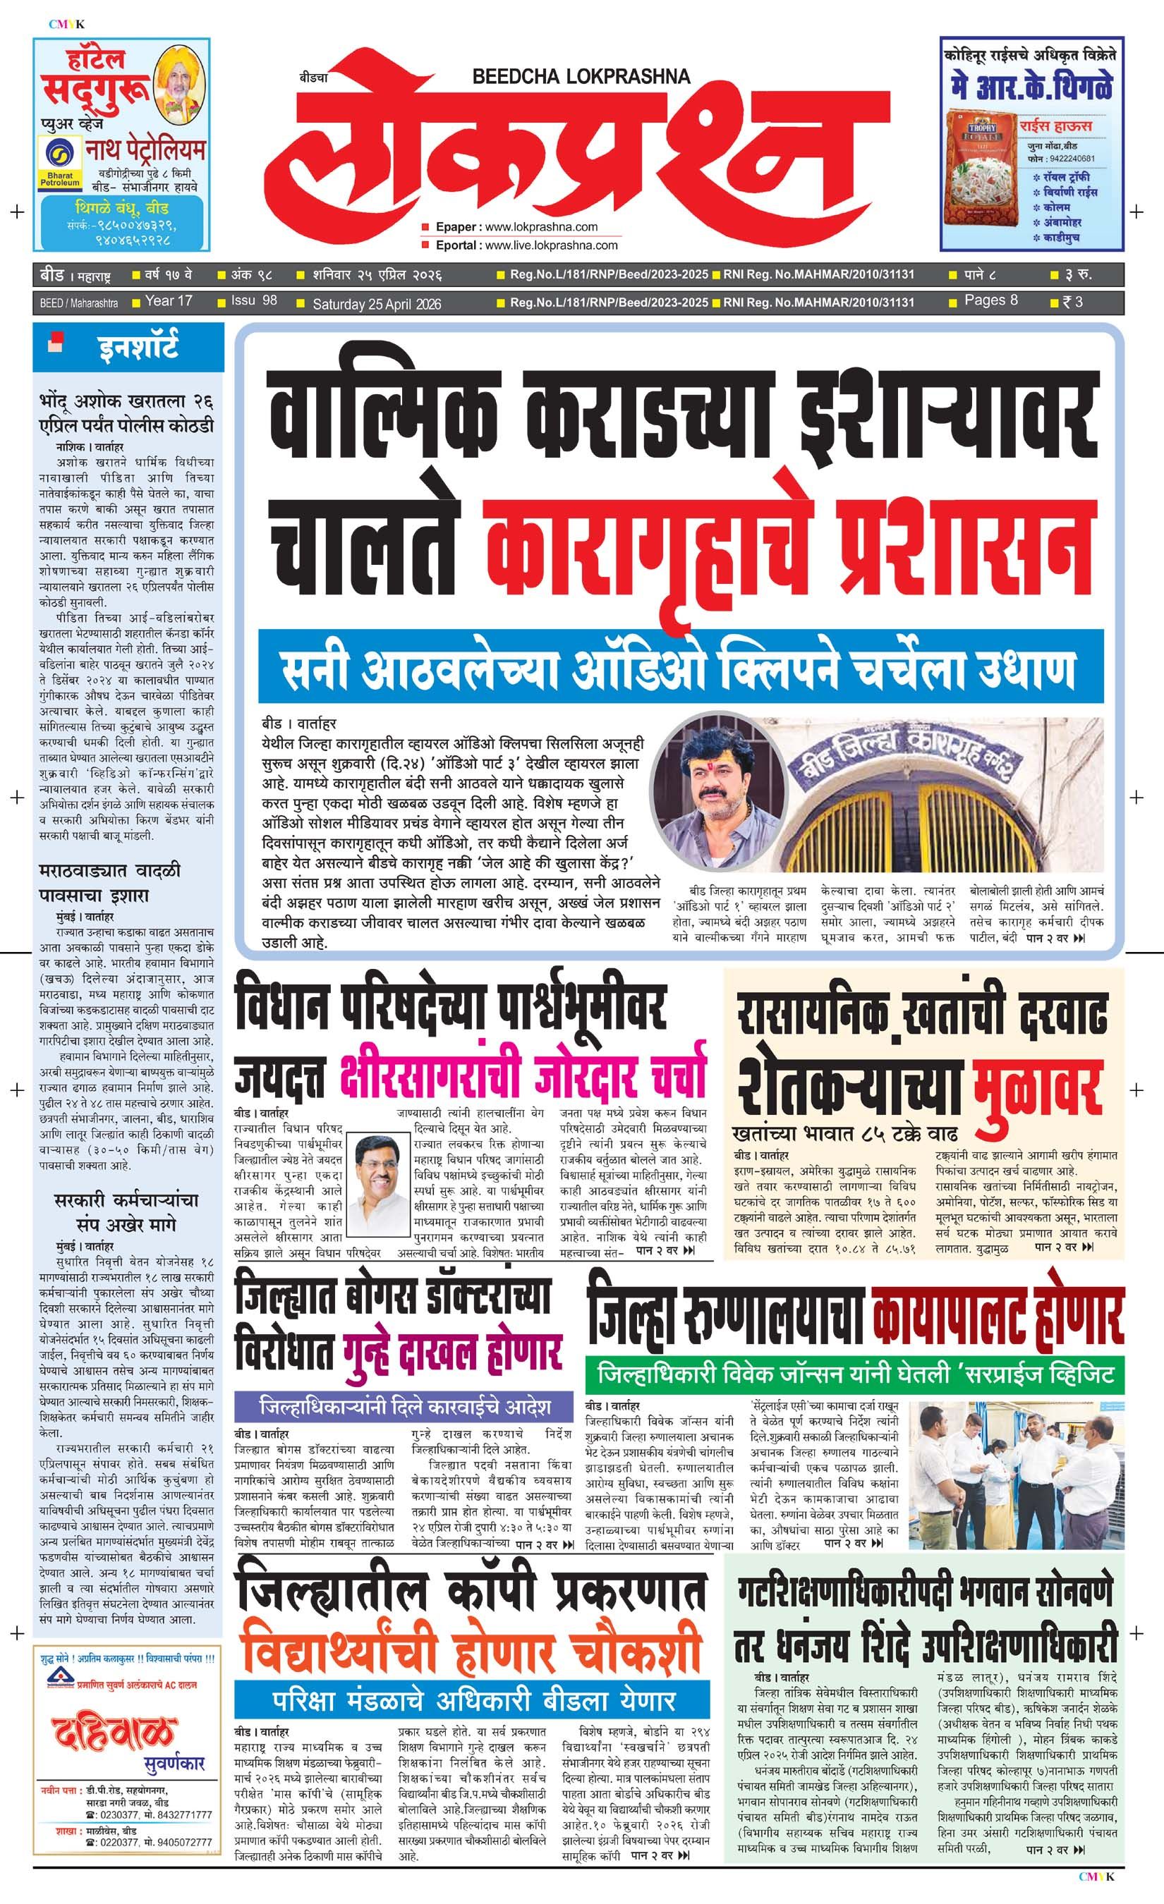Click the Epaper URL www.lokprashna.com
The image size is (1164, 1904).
point(541,227)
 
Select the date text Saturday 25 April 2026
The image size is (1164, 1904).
point(377,304)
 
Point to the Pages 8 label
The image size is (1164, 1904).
point(991,300)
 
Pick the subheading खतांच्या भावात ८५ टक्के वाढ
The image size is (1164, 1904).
point(846,1135)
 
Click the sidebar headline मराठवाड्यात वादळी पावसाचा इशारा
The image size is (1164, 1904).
point(110,883)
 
